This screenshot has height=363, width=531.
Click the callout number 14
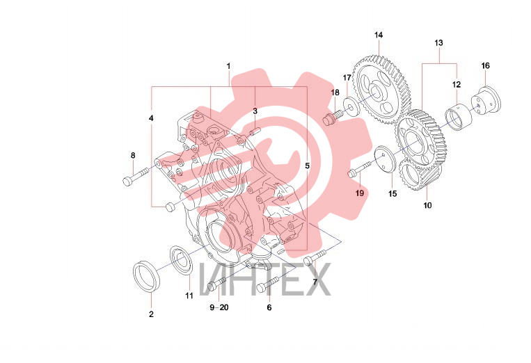[x=379, y=35]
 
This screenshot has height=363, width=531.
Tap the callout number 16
[x=486, y=65]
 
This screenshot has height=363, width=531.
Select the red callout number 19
[x=360, y=193]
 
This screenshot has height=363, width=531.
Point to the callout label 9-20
[x=219, y=307]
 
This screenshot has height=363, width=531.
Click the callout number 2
[x=152, y=314]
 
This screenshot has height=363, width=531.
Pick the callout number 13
[x=438, y=43]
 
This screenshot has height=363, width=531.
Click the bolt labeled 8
[x=136, y=177]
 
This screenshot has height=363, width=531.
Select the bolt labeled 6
[x=267, y=284]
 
